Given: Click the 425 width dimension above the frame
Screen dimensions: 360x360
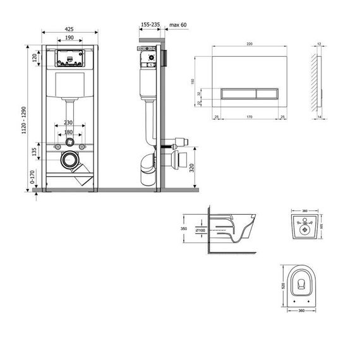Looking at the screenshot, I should [x=69, y=28].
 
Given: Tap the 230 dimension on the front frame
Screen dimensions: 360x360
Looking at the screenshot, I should [x=69, y=123].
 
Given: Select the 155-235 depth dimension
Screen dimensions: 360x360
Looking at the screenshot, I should [x=150, y=24].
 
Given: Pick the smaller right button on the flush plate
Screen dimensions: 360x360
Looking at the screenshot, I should [x=267, y=94].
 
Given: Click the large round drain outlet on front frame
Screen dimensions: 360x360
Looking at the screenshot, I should [x=69, y=161].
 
